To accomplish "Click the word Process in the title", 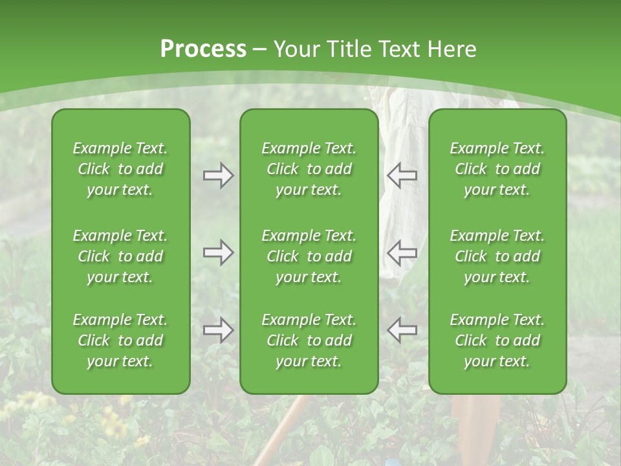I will (x=203, y=49).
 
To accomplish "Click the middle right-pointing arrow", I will (x=218, y=253).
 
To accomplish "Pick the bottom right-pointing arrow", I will (x=218, y=330).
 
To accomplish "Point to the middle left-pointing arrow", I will (x=402, y=253).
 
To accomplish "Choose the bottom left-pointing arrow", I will (x=402, y=330).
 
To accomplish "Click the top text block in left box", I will (x=120, y=169).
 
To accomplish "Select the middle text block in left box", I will (x=120, y=256).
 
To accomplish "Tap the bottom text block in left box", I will (x=120, y=340).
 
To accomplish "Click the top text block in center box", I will (x=309, y=169).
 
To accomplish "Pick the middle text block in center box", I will (x=309, y=256).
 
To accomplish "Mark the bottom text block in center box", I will (x=309, y=340).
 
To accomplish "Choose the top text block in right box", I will (x=497, y=169).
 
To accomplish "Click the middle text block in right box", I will (x=497, y=256).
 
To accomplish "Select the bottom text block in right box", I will (x=497, y=340).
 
